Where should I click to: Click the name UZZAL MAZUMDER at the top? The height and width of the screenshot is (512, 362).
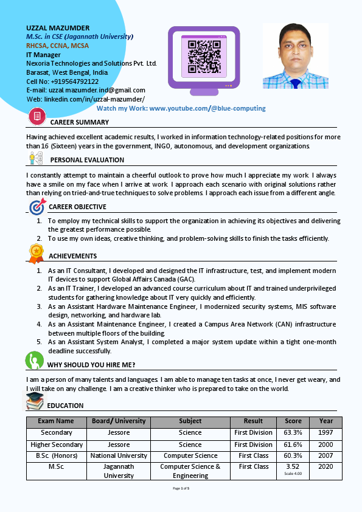(58, 28)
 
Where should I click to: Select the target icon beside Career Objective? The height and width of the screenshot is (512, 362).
(37, 207)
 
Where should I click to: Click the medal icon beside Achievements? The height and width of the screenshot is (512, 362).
(36, 252)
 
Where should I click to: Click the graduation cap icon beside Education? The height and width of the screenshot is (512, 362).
(35, 401)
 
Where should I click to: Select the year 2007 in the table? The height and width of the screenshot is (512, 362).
(325, 455)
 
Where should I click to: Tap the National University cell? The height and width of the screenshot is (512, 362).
(119, 455)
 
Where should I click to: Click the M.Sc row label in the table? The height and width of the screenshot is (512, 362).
(57, 466)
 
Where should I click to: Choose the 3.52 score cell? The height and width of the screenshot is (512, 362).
(293, 466)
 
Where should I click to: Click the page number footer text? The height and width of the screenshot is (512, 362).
(181, 488)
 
